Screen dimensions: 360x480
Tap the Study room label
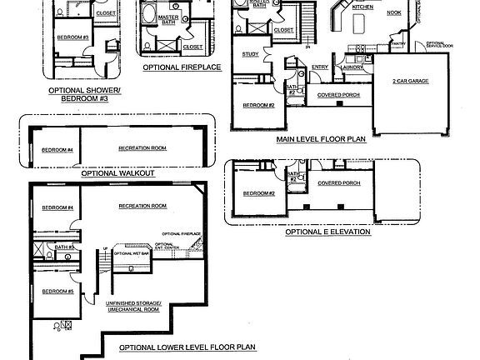[251, 54]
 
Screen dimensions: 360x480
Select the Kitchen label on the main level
[363, 7]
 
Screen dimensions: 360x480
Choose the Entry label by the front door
[320, 67]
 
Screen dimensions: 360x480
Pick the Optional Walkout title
[117, 174]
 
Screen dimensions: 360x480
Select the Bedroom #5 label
[58, 291]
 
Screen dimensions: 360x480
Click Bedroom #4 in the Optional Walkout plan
[57, 150]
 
